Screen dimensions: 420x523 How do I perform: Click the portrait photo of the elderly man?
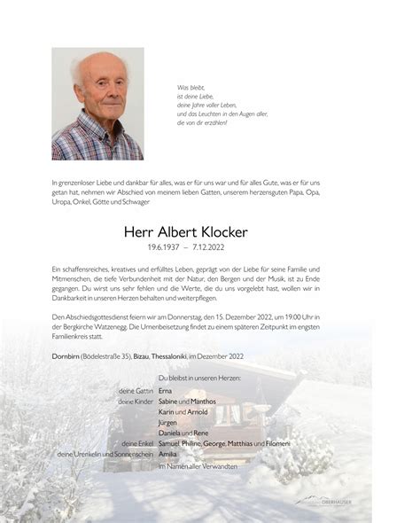click(x=97, y=103)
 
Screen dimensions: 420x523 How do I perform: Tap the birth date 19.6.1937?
click(x=169, y=248)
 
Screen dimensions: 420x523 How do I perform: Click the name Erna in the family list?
click(x=166, y=390)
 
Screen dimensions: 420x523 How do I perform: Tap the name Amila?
click(x=167, y=454)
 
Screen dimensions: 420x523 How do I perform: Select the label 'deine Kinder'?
click(x=135, y=402)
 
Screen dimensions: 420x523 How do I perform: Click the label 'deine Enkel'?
click(x=136, y=443)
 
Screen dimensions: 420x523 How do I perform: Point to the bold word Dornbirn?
click(x=68, y=356)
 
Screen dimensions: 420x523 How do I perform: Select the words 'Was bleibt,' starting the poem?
click(x=191, y=88)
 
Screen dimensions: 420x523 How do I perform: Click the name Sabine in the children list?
click(x=170, y=402)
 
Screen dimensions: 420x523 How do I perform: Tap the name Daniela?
click(x=172, y=433)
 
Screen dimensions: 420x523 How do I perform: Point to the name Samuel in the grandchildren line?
click(x=171, y=443)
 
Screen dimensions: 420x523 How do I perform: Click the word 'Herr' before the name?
click(x=142, y=231)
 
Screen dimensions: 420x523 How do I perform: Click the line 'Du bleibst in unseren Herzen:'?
click(x=198, y=379)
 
